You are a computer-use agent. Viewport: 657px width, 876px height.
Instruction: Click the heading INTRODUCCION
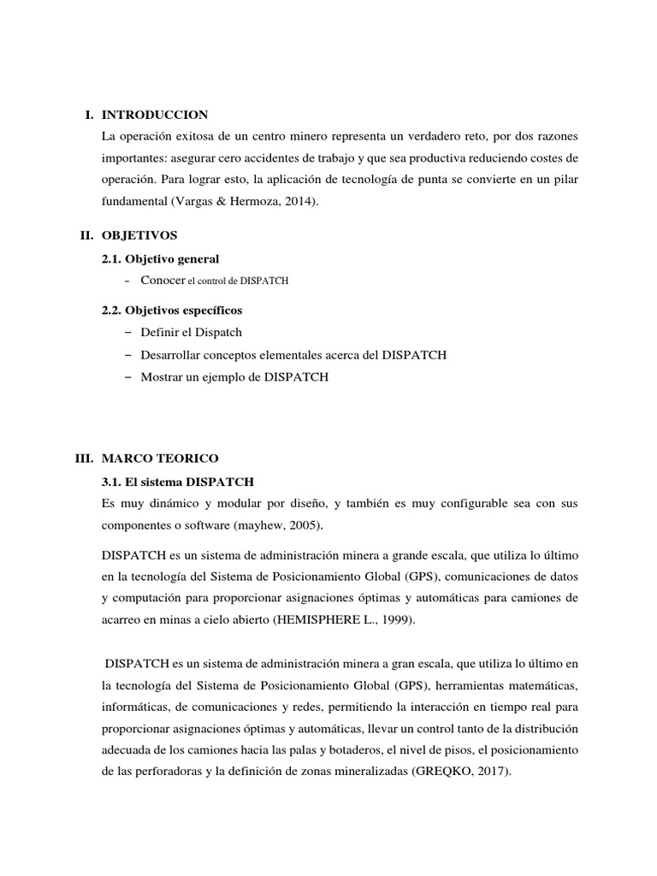coord(154,115)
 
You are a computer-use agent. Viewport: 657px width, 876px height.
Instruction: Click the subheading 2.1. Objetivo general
coord(160,258)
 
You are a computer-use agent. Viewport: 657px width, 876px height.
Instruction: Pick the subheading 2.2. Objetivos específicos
coord(173,311)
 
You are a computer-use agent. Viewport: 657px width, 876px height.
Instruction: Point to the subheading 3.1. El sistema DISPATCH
coord(178,482)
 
